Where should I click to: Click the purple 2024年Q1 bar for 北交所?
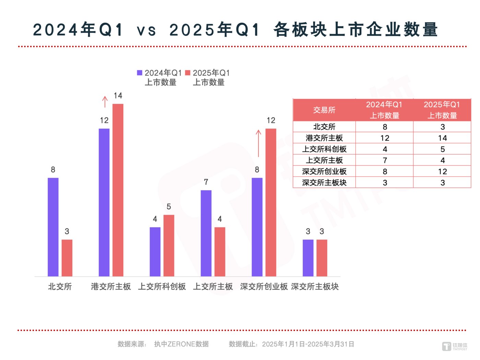[53, 227]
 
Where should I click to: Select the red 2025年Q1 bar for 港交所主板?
[118, 190]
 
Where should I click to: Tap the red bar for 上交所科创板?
[169, 245]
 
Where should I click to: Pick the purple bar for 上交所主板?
[206, 233]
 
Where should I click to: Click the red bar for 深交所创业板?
[271, 202]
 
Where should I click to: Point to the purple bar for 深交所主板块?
[308, 258]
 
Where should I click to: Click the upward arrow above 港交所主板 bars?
[105, 102]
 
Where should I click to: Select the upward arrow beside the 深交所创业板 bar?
[259, 143]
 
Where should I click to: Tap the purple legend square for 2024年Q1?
[140, 73]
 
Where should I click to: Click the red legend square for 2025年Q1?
[188, 73]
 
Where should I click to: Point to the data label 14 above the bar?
[118, 96]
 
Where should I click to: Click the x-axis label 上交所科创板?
[162, 287]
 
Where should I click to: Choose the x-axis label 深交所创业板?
[264, 287]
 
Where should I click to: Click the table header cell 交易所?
[324, 110]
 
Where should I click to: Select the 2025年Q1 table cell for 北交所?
[442, 127]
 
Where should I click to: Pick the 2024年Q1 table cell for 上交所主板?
[385, 160]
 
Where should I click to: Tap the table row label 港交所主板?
[324, 138]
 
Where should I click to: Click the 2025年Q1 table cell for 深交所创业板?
[442, 171]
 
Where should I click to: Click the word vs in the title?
[146, 30]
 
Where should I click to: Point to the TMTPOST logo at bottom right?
[455, 346]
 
